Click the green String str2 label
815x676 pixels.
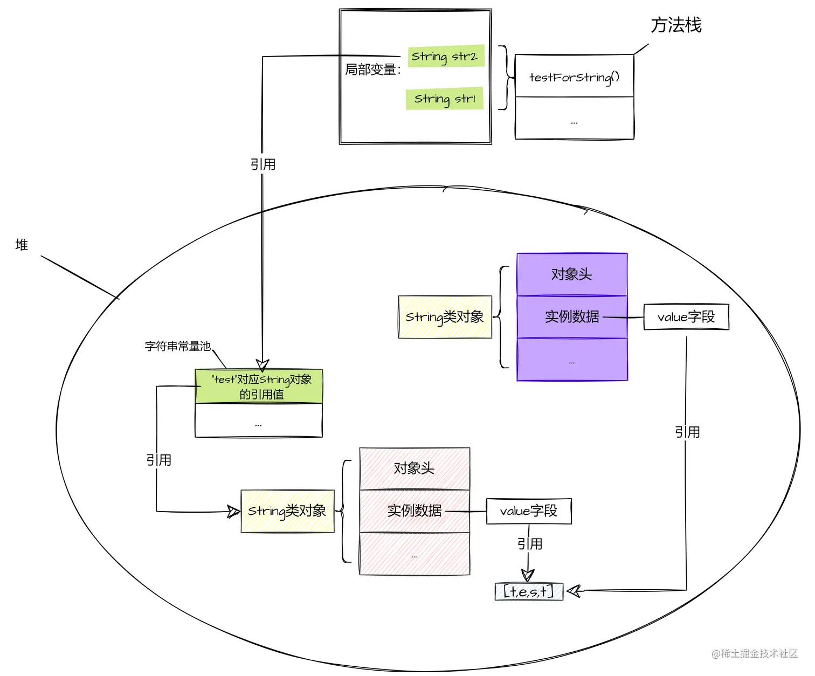pos(445,56)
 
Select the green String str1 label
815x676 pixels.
pos(445,99)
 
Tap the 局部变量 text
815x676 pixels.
pos(372,70)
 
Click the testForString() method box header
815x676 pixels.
pos(574,77)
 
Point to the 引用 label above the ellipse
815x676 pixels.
pos(263,164)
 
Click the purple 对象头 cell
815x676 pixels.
pos(572,274)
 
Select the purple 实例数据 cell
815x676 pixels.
pos(572,316)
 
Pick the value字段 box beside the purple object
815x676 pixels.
pos(686,317)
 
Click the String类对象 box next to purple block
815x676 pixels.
pos(445,317)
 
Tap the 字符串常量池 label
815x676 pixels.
pos(177,346)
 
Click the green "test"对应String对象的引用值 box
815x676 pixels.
pos(259,387)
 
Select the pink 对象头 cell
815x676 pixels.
pos(415,468)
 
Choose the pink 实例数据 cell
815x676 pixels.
pos(415,511)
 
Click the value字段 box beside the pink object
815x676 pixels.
pos(529,511)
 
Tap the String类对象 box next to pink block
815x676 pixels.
pos(287,511)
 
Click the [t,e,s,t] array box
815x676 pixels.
pos(529,591)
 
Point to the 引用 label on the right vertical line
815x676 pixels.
pos(687,432)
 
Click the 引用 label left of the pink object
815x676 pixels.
pos(158,460)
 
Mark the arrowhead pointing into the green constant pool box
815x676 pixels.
pos(263,365)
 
